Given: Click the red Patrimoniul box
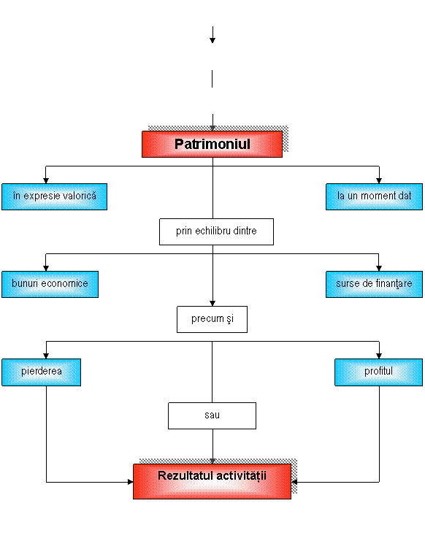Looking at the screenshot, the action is pyautogui.click(x=212, y=144).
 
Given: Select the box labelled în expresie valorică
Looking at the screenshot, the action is pyautogui.click(x=54, y=197).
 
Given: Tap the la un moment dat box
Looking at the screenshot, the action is pyautogui.click(x=374, y=197).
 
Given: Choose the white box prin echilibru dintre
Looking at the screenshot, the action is pyautogui.click(x=216, y=231).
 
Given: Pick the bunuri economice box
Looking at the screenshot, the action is pyautogui.click(x=50, y=285).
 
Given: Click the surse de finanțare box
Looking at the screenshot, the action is pyautogui.click(x=374, y=285).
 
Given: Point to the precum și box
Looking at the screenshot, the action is pyautogui.click(x=212, y=319).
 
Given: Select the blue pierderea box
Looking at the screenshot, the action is pyautogui.click(x=41, y=372).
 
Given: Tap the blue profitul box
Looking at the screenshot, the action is pyautogui.click(x=378, y=372).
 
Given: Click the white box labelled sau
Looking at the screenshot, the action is pyautogui.click(x=212, y=415).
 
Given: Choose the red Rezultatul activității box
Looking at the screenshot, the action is pyautogui.click(x=212, y=481).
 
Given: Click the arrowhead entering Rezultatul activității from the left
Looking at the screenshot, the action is pyautogui.click(x=130, y=482).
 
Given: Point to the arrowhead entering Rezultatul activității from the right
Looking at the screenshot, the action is pyautogui.click(x=294, y=482).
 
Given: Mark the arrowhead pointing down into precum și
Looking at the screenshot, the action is pyautogui.click(x=212, y=304).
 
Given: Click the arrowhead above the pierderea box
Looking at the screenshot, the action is pyautogui.click(x=46, y=356).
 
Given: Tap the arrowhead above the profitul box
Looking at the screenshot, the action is pyautogui.click(x=379, y=356).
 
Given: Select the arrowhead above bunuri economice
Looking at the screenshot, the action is pyautogui.click(x=46, y=268).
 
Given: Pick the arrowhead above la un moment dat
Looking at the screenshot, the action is pyautogui.click(x=379, y=180).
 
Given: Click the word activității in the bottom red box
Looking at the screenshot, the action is pyautogui.click(x=241, y=476).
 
